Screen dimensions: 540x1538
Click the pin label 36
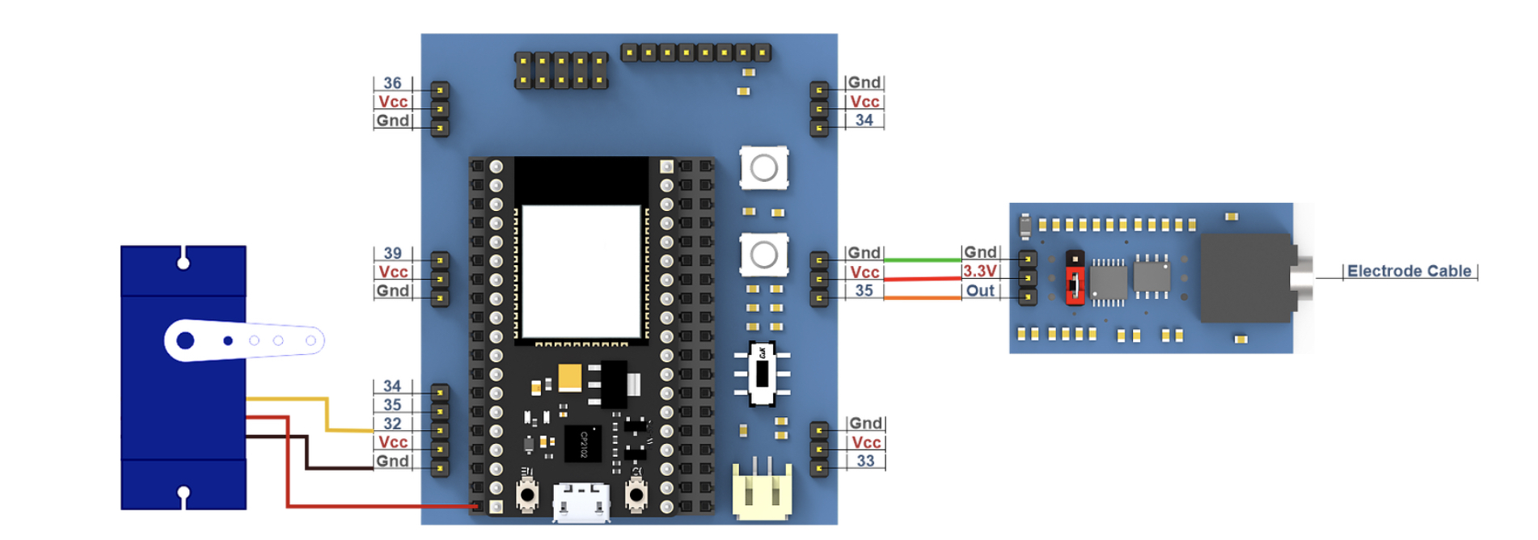click(392, 83)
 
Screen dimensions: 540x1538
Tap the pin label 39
click(392, 254)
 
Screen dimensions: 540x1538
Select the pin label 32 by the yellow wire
click(392, 424)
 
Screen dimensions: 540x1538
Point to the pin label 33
click(865, 461)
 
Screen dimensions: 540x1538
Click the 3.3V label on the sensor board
click(980, 272)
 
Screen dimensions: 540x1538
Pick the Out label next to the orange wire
click(980, 291)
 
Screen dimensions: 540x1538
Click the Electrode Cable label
click(1409, 272)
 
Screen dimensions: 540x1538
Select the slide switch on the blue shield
click(762, 374)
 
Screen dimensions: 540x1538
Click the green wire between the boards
click(922, 259)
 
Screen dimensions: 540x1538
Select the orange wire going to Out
click(922, 298)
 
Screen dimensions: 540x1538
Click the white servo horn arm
click(243, 340)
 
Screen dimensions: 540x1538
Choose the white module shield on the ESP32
click(581, 272)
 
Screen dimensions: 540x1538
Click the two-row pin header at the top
click(561, 70)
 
